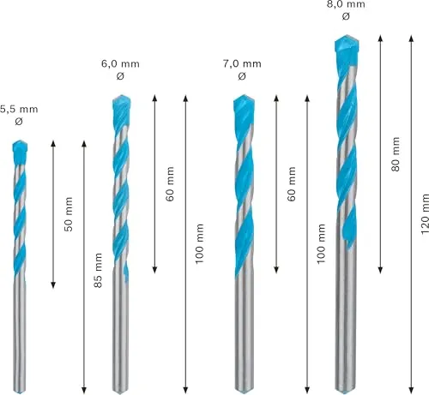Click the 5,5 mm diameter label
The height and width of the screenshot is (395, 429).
click(19, 109)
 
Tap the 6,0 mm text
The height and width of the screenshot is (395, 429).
click(120, 63)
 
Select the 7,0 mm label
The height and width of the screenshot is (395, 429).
click(242, 63)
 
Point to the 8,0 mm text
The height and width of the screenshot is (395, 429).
click(346, 4)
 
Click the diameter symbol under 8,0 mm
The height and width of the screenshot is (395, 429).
click(346, 16)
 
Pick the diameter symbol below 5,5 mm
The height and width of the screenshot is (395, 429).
click(19, 122)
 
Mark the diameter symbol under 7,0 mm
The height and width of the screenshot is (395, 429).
click(242, 76)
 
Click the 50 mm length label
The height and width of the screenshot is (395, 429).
click(69, 214)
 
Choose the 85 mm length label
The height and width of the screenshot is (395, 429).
click(98, 270)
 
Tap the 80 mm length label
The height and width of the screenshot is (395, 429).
click(396, 154)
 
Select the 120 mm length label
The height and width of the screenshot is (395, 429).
click(425, 213)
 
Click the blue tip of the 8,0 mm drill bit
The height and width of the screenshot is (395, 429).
click(347, 50)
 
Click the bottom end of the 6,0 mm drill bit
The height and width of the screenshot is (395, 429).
click(120, 392)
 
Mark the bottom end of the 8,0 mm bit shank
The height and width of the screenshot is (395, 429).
click(346, 391)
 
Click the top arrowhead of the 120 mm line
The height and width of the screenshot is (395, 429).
click(411, 39)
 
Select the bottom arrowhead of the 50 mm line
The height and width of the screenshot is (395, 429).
click(53, 285)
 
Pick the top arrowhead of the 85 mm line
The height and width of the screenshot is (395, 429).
click(84, 144)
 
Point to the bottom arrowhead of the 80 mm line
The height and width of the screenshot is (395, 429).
click(380, 270)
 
